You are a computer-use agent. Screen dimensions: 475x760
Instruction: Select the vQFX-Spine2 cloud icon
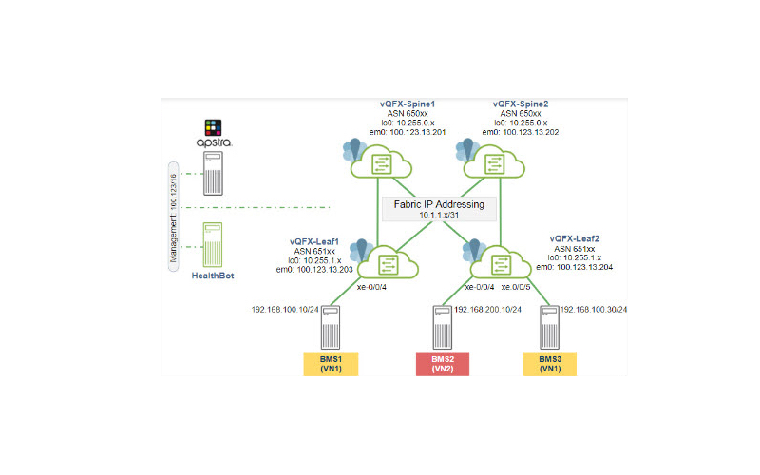pyautogui.click(x=495, y=162)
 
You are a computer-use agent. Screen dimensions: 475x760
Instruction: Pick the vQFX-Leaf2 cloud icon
pyautogui.click(x=502, y=262)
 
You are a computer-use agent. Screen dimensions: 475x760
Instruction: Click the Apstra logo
pyautogui.click(x=214, y=134)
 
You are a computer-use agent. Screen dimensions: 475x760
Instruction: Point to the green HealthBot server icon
pyautogui.click(x=213, y=244)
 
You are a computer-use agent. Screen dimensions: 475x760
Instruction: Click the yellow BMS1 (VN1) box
pyautogui.click(x=330, y=363)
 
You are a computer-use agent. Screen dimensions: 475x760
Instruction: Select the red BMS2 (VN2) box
pyautogui.click(x=443, y=363)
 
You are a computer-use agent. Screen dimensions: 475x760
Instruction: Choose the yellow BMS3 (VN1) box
pyautogui.click(x=550, y=363)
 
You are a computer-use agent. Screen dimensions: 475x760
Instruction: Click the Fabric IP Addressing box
pyautogui.click(x=439, y=209)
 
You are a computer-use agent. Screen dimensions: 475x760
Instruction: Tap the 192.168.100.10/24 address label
pyautogui.click(x=284, y=310)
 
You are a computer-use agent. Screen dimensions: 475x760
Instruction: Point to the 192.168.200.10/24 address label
pyautogui.click(x=487, y=310)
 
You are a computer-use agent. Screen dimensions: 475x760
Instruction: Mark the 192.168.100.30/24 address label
pyautogui.click(x=594, y=310)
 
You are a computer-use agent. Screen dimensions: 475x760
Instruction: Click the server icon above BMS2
pyautogui.click(x=443, y=327)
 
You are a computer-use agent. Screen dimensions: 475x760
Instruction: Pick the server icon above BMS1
pyautogui.click(x=331, y=327)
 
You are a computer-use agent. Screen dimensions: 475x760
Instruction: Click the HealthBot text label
pyautogui.click(x=213, y=275)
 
